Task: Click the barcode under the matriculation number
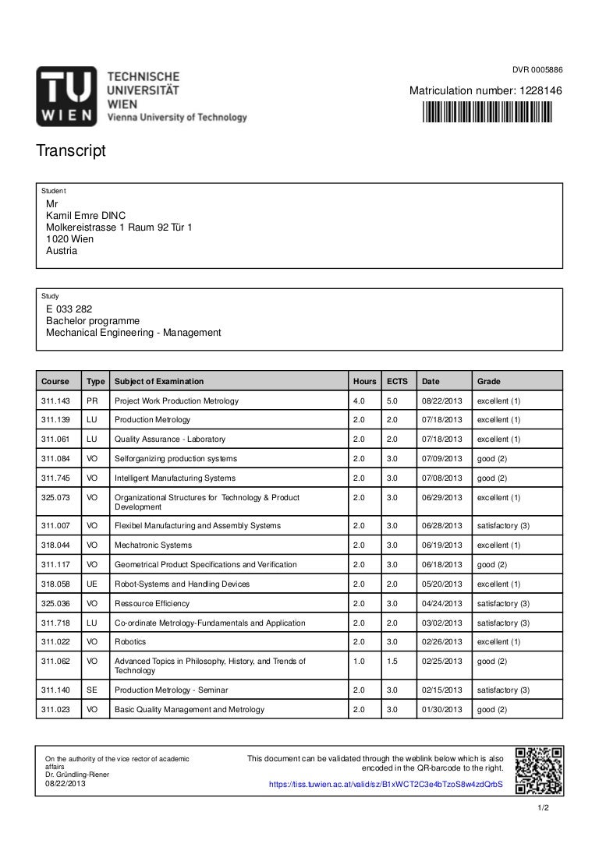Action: (486, 114)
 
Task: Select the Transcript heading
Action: (70, 150)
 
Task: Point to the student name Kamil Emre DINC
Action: (86, 215)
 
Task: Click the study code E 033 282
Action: (69, 309)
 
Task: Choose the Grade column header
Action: (489, 381)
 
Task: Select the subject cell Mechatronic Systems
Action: (153, 545)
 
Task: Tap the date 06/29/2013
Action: (442, 497)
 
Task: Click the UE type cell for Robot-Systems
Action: (92, 584)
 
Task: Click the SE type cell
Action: (92, 690)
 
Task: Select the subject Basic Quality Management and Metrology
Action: (190, 709)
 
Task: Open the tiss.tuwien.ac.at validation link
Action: (385, 785)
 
